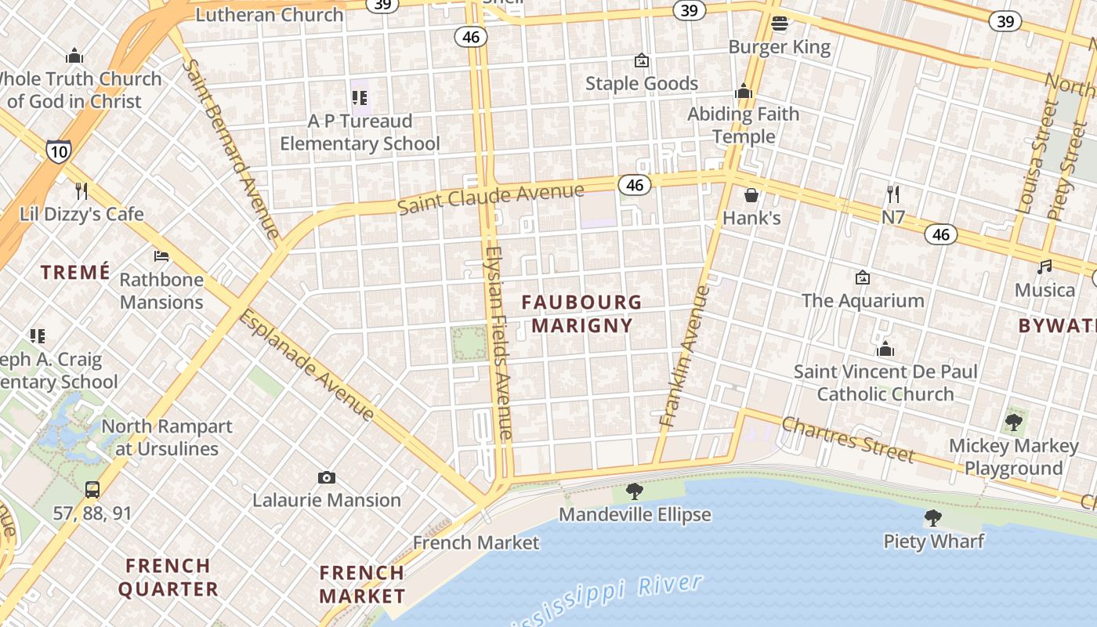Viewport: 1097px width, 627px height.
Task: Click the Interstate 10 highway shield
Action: click(59, 150)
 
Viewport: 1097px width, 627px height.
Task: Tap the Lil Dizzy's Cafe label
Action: click(81, 214)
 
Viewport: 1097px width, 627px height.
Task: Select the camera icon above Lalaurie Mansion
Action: click(327, 477)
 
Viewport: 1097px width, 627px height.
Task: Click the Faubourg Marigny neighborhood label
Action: click(581, 313)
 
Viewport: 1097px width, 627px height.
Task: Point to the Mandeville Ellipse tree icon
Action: click(635, 492)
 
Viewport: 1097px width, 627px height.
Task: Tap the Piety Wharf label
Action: click(933, 541)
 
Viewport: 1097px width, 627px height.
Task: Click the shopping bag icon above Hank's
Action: click(751, 195)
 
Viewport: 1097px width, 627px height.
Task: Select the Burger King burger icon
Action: click(779, 24)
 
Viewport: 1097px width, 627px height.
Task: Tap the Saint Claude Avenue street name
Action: click(491, 198)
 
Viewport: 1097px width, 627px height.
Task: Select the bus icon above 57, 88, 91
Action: click(92, 491)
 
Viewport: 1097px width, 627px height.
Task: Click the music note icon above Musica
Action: click(1045, 267)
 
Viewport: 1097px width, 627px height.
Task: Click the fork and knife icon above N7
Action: click(892, 194)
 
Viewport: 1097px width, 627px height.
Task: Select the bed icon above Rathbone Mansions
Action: click(161, 256)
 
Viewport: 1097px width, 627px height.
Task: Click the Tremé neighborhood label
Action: click(75, 273)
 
